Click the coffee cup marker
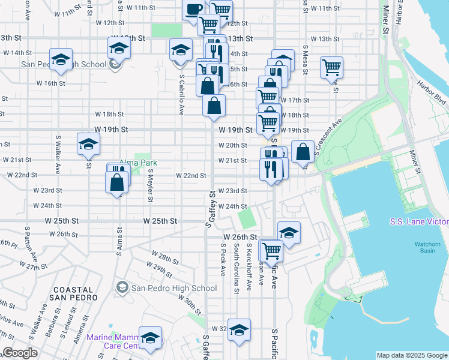[x=194, y=10]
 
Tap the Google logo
[x=20, y=353]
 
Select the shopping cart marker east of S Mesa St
[x=331, y=67]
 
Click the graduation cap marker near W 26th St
[x=289, y=232]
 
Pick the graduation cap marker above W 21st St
[x=88, y=143]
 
